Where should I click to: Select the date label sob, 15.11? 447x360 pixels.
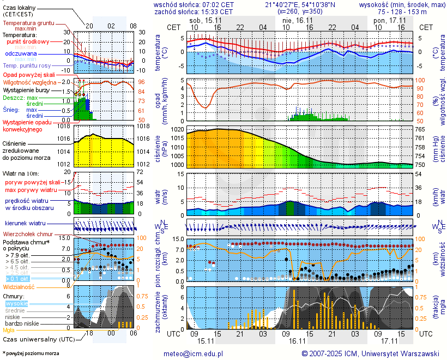point(202,20)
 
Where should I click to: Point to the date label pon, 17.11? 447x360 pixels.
point(386,20)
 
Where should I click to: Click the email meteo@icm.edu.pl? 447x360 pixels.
point(194,353)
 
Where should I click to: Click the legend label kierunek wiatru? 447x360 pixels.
point(25,224)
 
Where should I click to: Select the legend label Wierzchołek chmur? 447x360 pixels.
point(27,233)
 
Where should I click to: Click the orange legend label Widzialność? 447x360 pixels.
point(19,286)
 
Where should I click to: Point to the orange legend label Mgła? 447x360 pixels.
point(9,330)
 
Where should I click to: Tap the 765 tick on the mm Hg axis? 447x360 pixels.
point(421,130)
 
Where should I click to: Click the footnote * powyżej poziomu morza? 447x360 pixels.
point(31,353)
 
